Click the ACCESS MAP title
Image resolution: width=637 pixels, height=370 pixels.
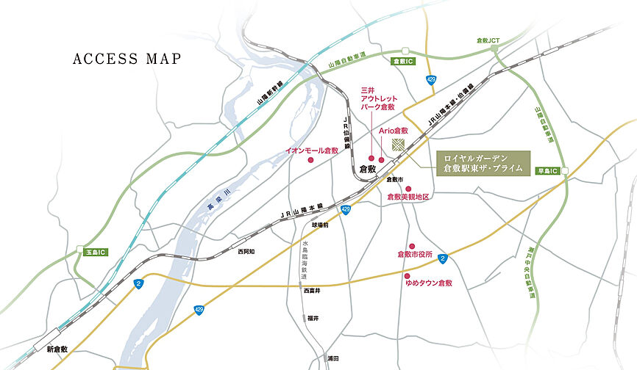tap(126, 59)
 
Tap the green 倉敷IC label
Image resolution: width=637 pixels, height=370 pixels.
tap(405, 62)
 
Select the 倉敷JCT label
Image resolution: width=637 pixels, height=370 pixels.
tap(488, 41)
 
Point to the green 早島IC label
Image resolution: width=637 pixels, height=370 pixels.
tap(548, 170)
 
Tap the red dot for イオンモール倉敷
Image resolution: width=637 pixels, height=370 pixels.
tap(310, 159)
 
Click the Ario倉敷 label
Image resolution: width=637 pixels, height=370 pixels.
tap(394, 129)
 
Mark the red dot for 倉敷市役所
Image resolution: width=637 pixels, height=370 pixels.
tap(413, 246)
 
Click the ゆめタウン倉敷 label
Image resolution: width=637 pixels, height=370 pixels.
tap(428, 283)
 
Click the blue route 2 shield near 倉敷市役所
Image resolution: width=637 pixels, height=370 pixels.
tap(442, 258)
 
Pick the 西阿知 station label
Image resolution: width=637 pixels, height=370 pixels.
tap(246, 251)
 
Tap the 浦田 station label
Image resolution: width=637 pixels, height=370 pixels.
tap(333, 358)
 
